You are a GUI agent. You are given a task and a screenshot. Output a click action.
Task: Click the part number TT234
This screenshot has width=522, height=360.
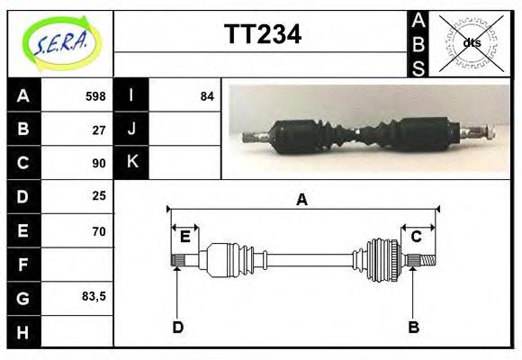click(262, 34)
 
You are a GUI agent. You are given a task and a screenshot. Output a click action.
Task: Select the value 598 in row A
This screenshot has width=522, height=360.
click(95, 96)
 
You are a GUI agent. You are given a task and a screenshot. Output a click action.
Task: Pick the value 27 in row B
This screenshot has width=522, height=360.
click(99, 130)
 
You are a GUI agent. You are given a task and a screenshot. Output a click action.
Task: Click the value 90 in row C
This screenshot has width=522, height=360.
click(99, 163)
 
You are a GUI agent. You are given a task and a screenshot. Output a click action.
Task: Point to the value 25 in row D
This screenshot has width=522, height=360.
click(99, 195)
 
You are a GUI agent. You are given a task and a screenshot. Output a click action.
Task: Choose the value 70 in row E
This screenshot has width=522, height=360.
click(99, 231)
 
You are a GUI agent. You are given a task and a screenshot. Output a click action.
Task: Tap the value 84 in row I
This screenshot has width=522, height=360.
click(207, 96)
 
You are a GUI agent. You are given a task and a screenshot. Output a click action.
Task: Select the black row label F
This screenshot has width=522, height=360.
click(22, 265)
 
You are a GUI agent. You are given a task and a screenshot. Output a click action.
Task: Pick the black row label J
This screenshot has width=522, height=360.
click(131, 129)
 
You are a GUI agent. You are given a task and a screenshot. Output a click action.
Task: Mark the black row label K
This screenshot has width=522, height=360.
click(131, 162)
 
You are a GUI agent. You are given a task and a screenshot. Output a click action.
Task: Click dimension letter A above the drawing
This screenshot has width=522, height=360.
click(302, 200)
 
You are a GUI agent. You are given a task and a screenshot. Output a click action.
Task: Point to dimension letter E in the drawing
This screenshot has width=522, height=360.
click(184, 237)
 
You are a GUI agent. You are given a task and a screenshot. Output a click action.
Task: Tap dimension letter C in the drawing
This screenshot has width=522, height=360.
click(417, 237)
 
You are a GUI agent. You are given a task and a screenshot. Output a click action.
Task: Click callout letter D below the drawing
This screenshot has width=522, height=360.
click(177, 328)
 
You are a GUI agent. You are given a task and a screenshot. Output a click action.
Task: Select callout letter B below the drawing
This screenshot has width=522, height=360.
click(413, 328)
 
